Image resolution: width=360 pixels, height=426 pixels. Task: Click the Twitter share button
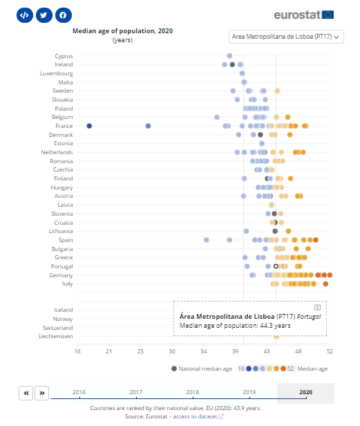tap(44, 15)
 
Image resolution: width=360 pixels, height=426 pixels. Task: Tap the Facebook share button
tap(63, 15)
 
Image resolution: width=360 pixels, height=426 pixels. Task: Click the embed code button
tap(24, 15)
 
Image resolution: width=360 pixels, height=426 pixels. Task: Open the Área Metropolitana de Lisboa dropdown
tap(286, 37)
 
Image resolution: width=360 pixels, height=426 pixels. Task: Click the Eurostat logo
tap(304, 15)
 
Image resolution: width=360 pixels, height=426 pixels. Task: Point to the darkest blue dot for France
tap(89, 126)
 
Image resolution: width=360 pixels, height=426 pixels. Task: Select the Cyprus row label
tap(64, 56)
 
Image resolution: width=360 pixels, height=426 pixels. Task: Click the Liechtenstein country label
tap(55, 336)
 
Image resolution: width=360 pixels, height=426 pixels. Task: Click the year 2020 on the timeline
tap(305, 392)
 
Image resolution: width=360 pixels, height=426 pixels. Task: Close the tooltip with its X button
tap(317, 307)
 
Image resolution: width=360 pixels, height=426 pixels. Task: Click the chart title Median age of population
tap(123, 31)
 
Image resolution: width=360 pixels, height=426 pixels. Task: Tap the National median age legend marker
tap(174, 369)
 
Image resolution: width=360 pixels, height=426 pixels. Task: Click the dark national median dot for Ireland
tap(232, 64)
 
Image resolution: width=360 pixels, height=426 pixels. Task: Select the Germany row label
tap(61, 275)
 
